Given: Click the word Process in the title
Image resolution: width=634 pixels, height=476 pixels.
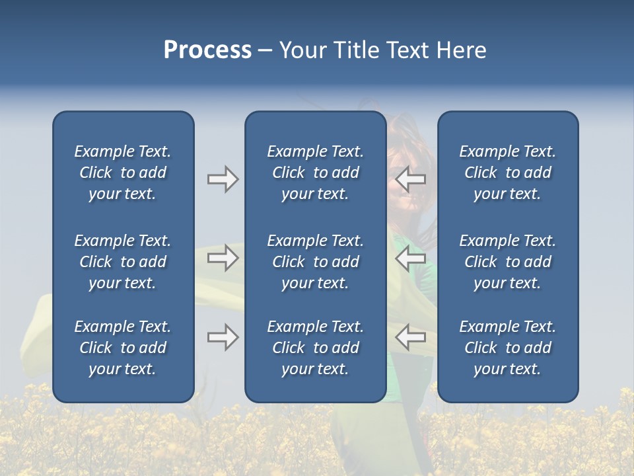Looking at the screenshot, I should pyautogui.click(x=207, y=50).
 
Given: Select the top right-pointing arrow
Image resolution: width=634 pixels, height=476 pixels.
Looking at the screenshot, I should pyautogui.click(x=223, y=179).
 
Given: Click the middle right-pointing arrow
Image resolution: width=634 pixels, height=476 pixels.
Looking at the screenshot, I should pyautogui.click(x=223, y=258).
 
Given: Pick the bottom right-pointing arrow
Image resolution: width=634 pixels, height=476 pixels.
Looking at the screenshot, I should pyautogui.click(x=223, y=337).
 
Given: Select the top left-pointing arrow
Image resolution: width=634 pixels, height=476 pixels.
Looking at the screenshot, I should pyautogui.click(x=410, y=179).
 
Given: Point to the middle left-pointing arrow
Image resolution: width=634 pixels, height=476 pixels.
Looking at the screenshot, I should pyautogui.click(x=410, y=258).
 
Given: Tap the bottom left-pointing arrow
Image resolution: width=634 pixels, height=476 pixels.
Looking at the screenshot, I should pyautogui.click(x=410, y=337).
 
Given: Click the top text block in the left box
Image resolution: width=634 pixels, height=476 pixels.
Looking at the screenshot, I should pyautogui.click(x=123, y=173).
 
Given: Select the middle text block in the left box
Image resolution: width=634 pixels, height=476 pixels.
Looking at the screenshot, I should pyautogui.click(x=123, y=262).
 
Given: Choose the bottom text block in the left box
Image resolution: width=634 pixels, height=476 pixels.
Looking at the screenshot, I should pyautogui.click(x=123, y=348).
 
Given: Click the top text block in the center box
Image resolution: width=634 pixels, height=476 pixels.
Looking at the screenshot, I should pyautogui.click(x=315, y=173).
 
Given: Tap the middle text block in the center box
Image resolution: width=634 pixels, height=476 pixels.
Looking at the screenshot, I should pyautogui.click(x=315, y=262).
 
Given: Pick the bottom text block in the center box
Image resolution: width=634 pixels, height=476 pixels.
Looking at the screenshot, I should pyautogui.click(x=315, y=348).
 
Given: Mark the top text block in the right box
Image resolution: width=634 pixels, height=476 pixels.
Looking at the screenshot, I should pyautogui.click(x=507, y=173).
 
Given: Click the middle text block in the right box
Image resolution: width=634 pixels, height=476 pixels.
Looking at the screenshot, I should pyautogui.click(x=507, y=262).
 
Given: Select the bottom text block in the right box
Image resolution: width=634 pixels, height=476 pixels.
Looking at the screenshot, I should pyautogui.click(x=507, y=348).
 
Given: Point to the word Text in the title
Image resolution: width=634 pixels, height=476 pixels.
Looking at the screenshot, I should pyautogui.click(x=407, y=50).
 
